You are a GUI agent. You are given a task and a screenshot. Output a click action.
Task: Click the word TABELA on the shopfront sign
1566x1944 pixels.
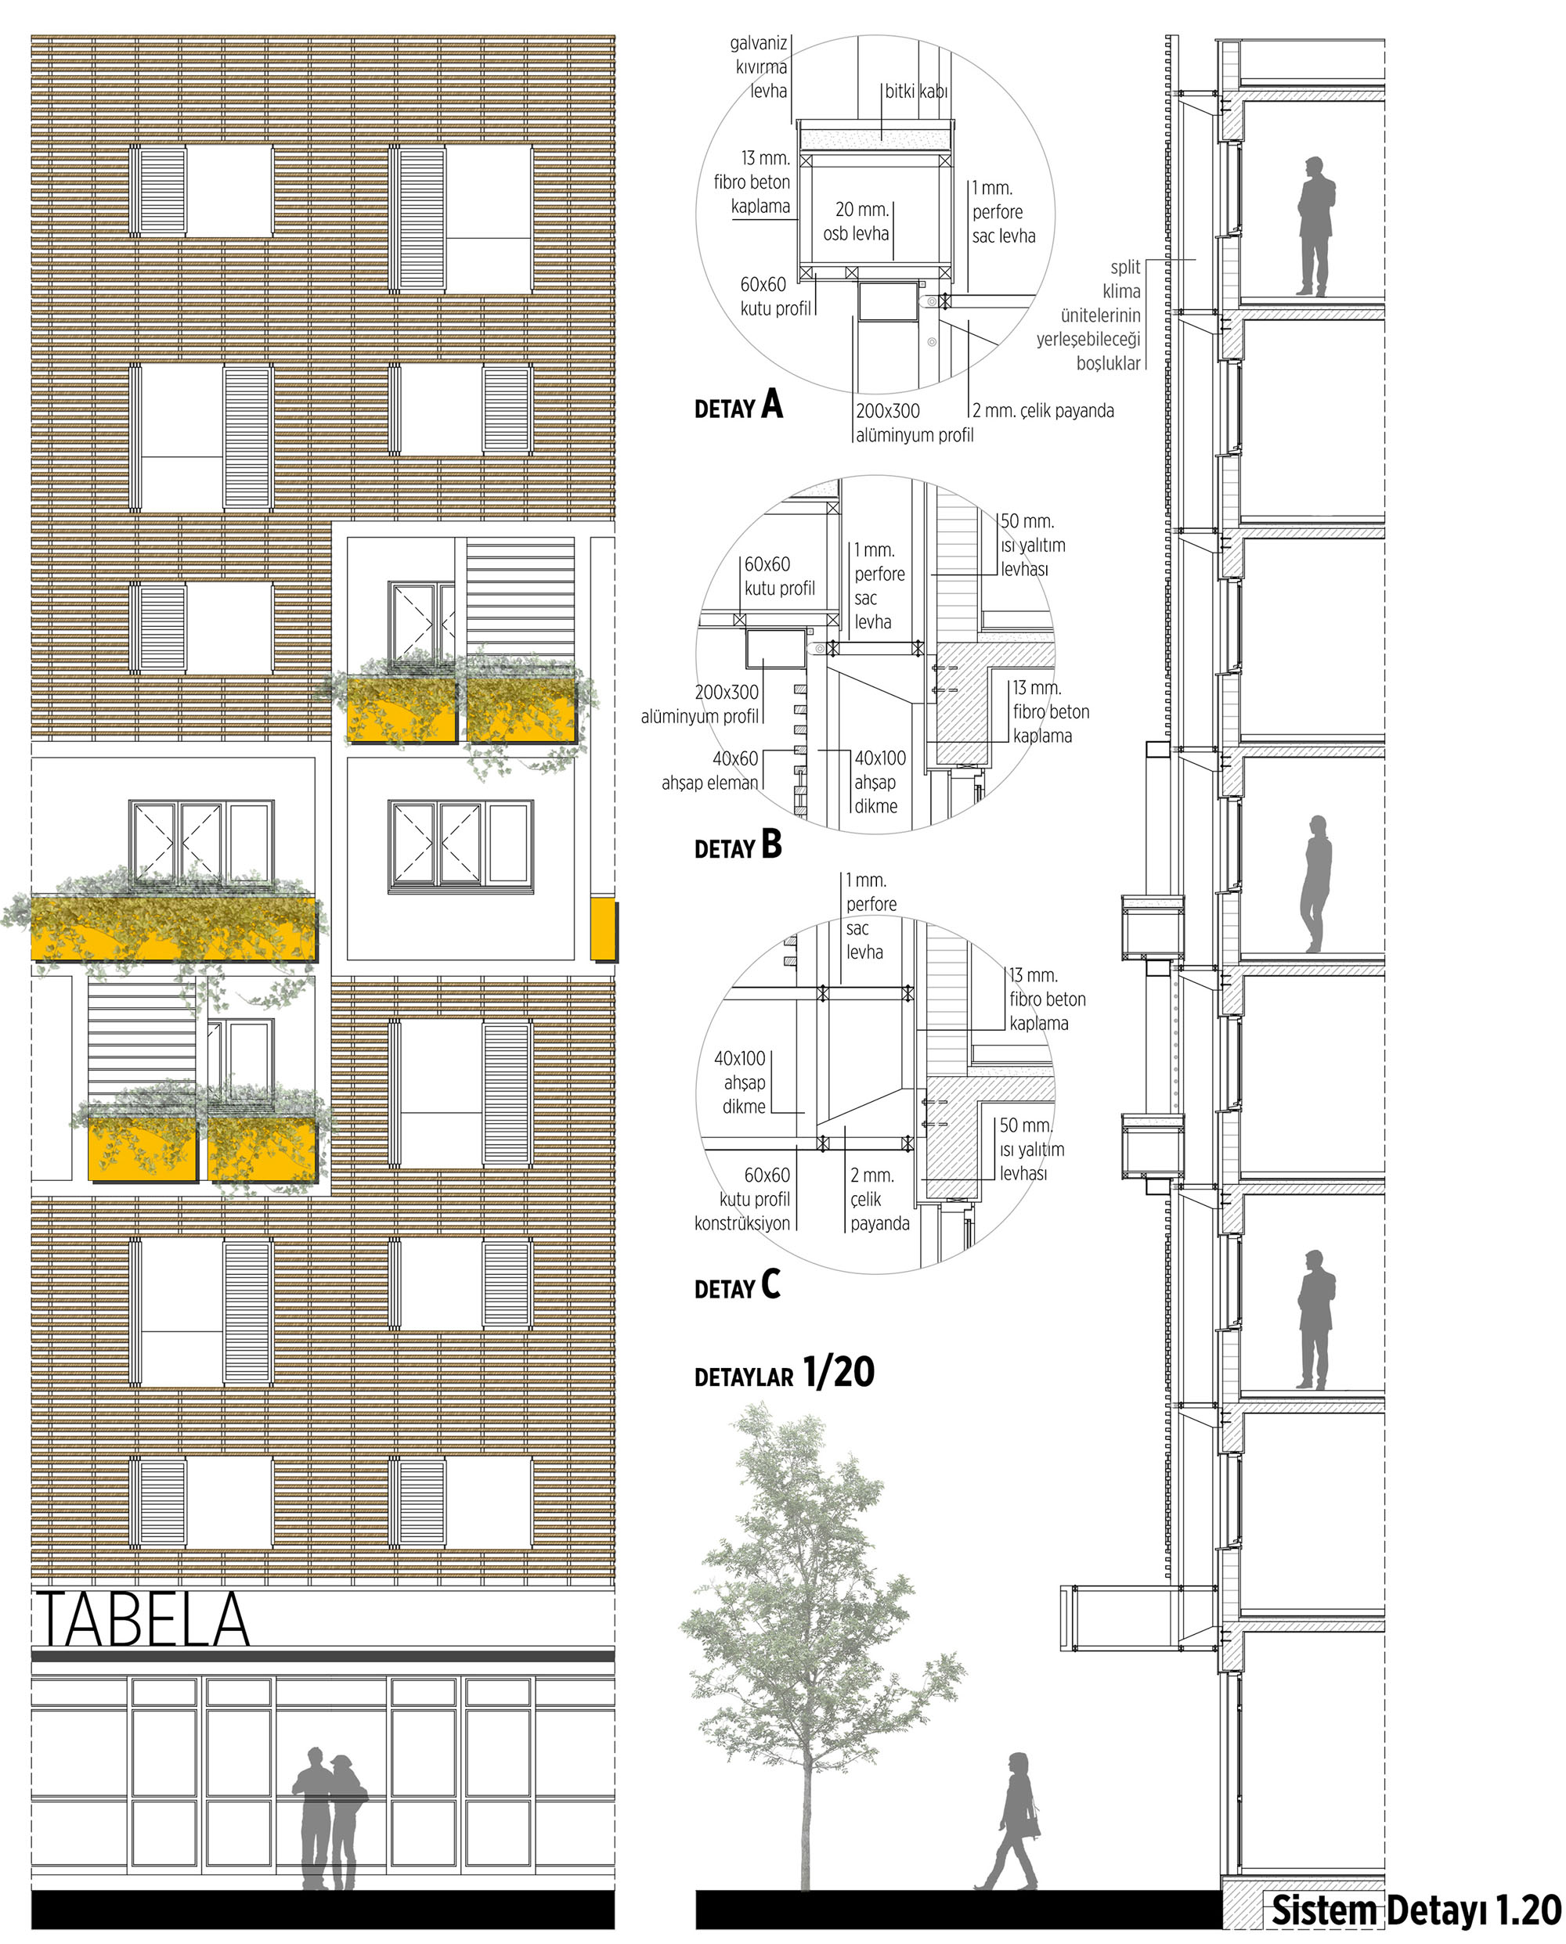(x=142, y=1619)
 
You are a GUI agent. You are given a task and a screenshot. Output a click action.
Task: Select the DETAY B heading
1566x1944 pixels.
(x=738, y=845)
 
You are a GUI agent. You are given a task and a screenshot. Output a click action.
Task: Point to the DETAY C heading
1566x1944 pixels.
(x=737, y=1285)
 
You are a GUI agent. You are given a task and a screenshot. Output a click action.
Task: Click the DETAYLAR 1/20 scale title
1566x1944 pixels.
(x=784, y=1373)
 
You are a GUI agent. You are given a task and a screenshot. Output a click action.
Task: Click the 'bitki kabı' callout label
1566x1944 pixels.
(x=915, y=91)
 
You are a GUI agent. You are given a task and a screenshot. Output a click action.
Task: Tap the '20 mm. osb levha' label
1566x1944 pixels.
(x=856, y=221)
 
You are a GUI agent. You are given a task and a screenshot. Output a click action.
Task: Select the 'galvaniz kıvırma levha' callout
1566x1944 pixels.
(x=760, y=67)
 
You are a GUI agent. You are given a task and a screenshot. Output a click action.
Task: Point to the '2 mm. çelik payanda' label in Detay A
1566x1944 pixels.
(x=1043, y=411)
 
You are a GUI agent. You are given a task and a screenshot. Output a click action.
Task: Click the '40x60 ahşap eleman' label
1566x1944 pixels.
(x=711, y=771)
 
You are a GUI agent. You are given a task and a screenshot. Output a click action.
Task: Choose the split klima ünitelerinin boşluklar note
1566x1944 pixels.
(x=1089, y=315)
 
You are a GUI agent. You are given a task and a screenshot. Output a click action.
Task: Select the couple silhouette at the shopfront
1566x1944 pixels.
(x=328, y=1820)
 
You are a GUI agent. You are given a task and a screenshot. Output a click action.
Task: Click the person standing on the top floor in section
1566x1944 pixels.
(x=1315, y=226)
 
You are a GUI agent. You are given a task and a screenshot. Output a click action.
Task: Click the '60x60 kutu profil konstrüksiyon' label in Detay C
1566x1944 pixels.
(x=742, y=1199)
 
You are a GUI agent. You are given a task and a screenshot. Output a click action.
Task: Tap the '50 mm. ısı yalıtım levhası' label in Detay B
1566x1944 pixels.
(x=1032, y=545)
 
